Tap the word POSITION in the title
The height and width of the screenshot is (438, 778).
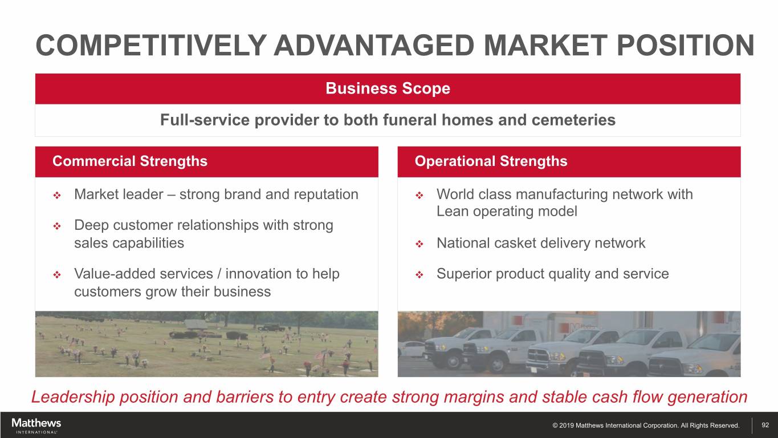[x=686, y=46]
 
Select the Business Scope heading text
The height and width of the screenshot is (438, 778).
[x=388, y=88]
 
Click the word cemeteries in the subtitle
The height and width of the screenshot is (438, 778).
[x=573, y=120]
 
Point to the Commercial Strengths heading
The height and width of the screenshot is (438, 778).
[x=130, y=161]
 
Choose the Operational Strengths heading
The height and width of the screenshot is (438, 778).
[x=491, y=161]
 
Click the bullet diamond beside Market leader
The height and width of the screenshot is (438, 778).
[x=57, y=196]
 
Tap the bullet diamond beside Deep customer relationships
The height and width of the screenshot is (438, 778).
[x=57, y=226]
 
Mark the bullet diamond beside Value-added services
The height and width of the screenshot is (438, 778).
[x=57, y=275]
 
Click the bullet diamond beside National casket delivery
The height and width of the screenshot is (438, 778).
[x=419, y=244]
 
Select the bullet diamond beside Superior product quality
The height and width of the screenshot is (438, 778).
[x=419, y=275]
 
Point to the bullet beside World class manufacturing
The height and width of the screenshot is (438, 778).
[x=419, y=196]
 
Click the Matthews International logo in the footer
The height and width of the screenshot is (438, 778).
[x=36, y=426]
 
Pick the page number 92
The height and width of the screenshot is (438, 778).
[x=765, y=425]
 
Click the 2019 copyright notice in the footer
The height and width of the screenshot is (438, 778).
[x=646, y=425]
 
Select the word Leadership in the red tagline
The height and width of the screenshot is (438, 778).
[x=73, y=397]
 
